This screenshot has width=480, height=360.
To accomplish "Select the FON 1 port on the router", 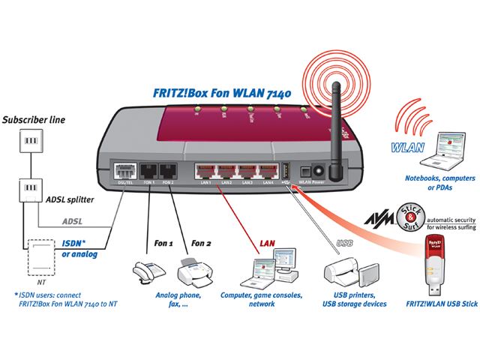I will (148, 171).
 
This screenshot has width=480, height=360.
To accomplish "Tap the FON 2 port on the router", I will (167, 171).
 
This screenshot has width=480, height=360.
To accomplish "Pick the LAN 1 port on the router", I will (205, 171).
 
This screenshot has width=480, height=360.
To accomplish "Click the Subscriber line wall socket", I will (30, 142).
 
